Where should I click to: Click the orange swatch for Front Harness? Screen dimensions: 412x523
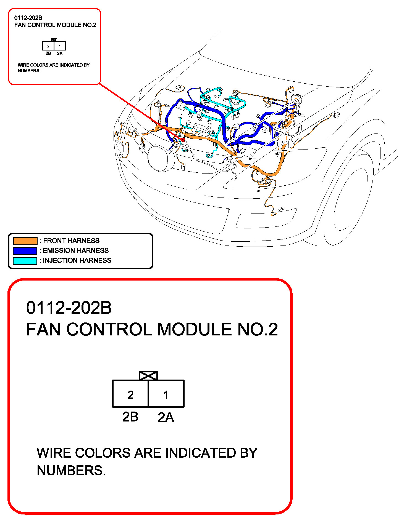[x=25, y=241]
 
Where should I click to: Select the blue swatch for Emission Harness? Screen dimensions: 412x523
[x=25, y=251]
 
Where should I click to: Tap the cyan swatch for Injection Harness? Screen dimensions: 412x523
[x=25, y=261]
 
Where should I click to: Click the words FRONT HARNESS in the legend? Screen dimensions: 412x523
[x=71, y=241]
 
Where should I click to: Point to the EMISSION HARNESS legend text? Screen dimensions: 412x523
[x=76, y=250]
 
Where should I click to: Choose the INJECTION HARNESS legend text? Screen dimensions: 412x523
[x=77, y=260]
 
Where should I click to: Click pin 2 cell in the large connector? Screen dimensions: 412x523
[x=130, y=394]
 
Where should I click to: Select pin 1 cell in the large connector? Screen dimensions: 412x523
[x=166, y=394]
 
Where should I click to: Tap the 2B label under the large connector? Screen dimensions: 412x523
[x=130, y=417]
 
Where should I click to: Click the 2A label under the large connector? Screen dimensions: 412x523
[x=166, y=417]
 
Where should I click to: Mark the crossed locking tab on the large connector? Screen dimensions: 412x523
[x=148, y=376]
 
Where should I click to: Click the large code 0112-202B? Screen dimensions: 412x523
[x=69, y=308]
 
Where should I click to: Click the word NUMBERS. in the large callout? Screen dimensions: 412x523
[x=71, y=471]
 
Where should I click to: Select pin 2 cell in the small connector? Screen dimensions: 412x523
[x=48, y=46]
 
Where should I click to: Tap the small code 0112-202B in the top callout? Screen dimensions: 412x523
[x=28, y=18]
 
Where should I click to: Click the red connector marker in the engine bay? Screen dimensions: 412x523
[x=183, y=140]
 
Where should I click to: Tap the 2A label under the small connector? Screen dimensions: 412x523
[x=60, y=54]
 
